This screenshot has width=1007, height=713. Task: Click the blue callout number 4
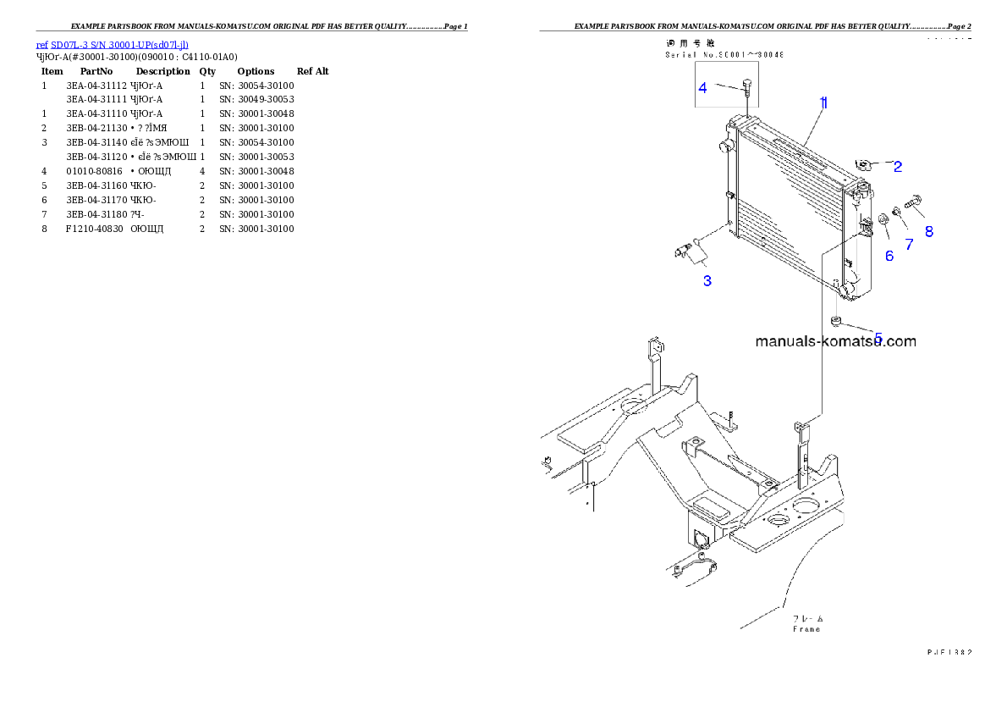pyautogui.click(x=702, y=87)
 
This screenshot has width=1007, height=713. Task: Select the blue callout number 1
pyautogui.click(x=823, y=102)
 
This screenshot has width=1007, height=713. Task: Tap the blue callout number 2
pyautogui.click(x=898, y=167)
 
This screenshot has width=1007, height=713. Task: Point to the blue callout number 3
pyautogui.click(x=707, y=280)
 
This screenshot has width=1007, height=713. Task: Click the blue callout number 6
pyautogui.click(x=889, y=256)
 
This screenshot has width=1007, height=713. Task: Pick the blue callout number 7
pyautogui.click(x=909, y=245)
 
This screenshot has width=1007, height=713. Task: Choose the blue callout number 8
pyautogui.click(x=928, y=231)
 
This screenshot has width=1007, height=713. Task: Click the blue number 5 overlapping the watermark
pyautogui.click(x=878, y=339)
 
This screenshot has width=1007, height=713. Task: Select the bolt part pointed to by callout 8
pyautogui.click(x=914, y=203)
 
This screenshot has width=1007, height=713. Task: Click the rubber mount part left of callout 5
pyautogui.click(x=836, y=320)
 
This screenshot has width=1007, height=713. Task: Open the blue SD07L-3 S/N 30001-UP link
pyautogui.click(x=112, y=44)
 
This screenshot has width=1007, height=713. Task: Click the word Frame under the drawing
pyautogui.click(x=806, y=629)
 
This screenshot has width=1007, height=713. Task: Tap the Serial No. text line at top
pyautogui.click(x=724, y=54)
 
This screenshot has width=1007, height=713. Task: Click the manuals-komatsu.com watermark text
pyautogui.click(x=834, y=342)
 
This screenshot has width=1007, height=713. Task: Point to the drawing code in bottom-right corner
pyautogui.click(x=949, y=652)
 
